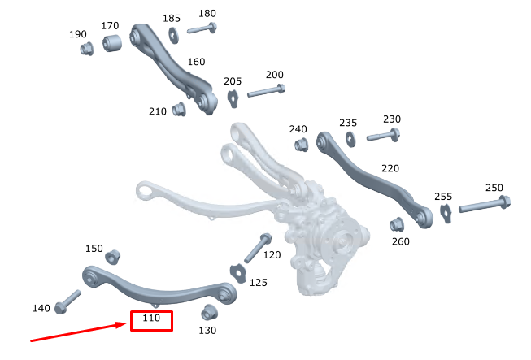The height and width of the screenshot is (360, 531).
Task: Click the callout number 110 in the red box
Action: [x=151, y=320]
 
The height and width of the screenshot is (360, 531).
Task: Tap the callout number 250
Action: [x=494, y=189]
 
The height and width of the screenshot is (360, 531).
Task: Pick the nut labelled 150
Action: [x=113, y=257]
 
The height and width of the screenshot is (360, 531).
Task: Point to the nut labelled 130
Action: [x=210, y=311]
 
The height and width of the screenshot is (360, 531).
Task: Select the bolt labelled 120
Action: [x=258, y=246]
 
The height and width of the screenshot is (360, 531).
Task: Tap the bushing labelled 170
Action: [x=112, y=42]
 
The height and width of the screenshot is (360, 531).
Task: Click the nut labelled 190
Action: [x=87, y=49]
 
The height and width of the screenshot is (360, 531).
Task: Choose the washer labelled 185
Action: [x=173, y=34]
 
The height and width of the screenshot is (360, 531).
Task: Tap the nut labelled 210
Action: [x=181, y=109]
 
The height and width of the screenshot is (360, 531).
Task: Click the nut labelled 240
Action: [x=298, y=145]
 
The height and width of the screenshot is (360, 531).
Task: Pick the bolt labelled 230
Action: [x=383, y=134]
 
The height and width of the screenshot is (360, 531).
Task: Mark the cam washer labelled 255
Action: [x=445, y=212]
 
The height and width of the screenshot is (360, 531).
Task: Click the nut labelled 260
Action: [x=397, y=224]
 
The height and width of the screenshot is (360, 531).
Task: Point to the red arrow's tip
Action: [x=128, y=324]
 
